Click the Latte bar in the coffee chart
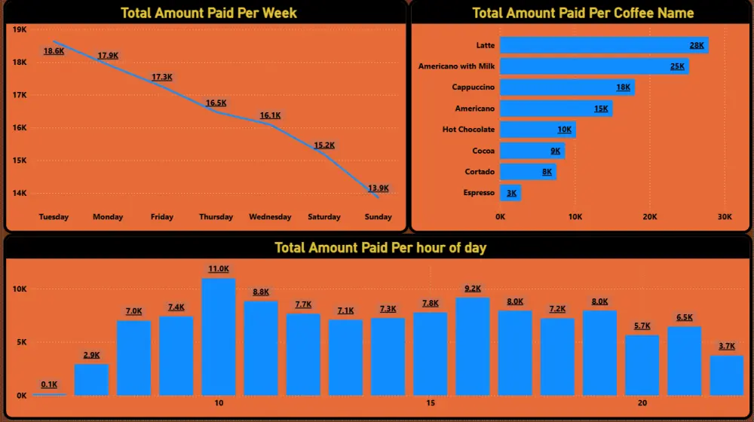[x=603, y=45]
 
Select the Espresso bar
[x=510, y=193]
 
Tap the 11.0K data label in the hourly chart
[x=219, y=269]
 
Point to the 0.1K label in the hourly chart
[x=49, y=384]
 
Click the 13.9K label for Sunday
[x=379, y=188]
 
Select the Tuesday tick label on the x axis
[x=54, y=217]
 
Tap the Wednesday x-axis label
[x=270, y=217]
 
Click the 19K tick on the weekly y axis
[x=20, y=29]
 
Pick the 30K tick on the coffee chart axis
[x=725, y=217]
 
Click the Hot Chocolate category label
[x=468, y=130]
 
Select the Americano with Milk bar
[x=594, y=66]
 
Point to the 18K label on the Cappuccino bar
[x=624, y=87]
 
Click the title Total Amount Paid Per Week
[x=209, y=13]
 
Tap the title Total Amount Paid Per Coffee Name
[x=583, y=13]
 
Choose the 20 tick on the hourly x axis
[x=642, y=403]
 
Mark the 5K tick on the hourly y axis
[x=20, y=342]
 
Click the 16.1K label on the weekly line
[x=270, y=115]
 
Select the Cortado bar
[x=528, y=172]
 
